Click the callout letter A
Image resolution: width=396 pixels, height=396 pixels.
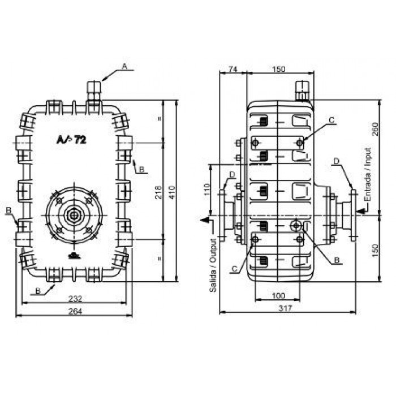124,66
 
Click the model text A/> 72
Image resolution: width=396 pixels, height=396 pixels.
71,139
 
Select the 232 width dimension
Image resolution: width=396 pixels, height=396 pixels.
75,299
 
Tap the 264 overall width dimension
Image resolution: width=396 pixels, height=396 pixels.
75,311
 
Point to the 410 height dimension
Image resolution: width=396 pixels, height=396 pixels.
172,192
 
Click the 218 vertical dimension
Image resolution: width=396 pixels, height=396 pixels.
158,192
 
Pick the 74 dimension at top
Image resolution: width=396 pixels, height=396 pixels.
233,68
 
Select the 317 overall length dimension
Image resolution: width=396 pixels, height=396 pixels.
285,308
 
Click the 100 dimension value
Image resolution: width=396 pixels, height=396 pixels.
278,295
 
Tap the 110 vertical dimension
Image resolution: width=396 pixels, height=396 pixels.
207,190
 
